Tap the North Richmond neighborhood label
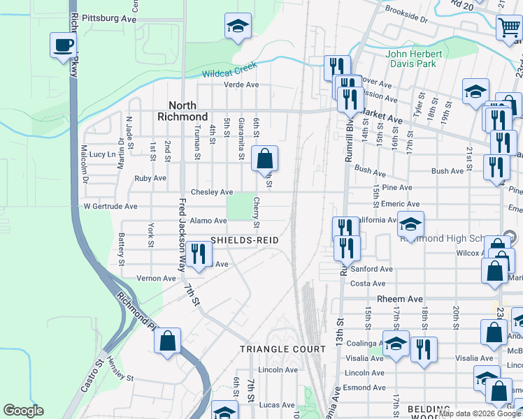coord(182,111)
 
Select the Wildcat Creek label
coord(229,70)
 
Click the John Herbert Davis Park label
coord(414,59)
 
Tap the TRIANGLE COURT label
coord(282,348)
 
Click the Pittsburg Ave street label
coord(108,18)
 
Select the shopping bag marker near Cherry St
coord(265,160)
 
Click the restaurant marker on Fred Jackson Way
coord(199,255)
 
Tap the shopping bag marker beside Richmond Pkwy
coord(168,343)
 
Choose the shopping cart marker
coord(509,29)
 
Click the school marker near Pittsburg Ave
coord(238,27)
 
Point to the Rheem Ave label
coord(400,299)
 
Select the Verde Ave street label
coord(241,85)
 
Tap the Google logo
coord(23,411)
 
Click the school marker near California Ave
coord(410,226)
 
